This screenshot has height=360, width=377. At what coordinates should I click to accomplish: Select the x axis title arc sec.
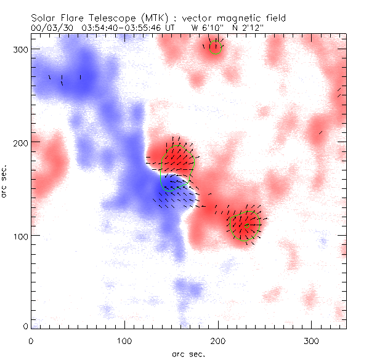pos(187,354)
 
